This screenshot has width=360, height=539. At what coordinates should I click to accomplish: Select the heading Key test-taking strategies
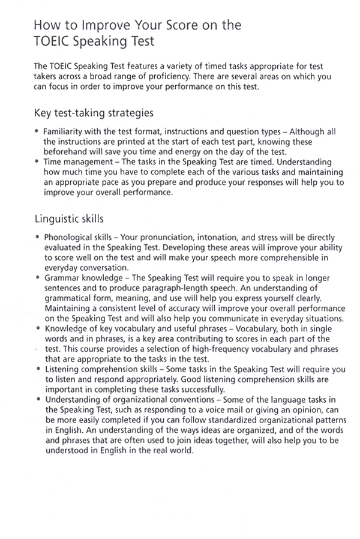click(x=94, y=113)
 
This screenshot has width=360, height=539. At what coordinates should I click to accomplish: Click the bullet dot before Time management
click(x=37, y=162)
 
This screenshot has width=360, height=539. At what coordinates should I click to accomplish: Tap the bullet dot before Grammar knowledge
click(x=37, y=279)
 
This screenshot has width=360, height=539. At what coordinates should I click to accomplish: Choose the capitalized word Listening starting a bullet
click(x=63, y=370)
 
